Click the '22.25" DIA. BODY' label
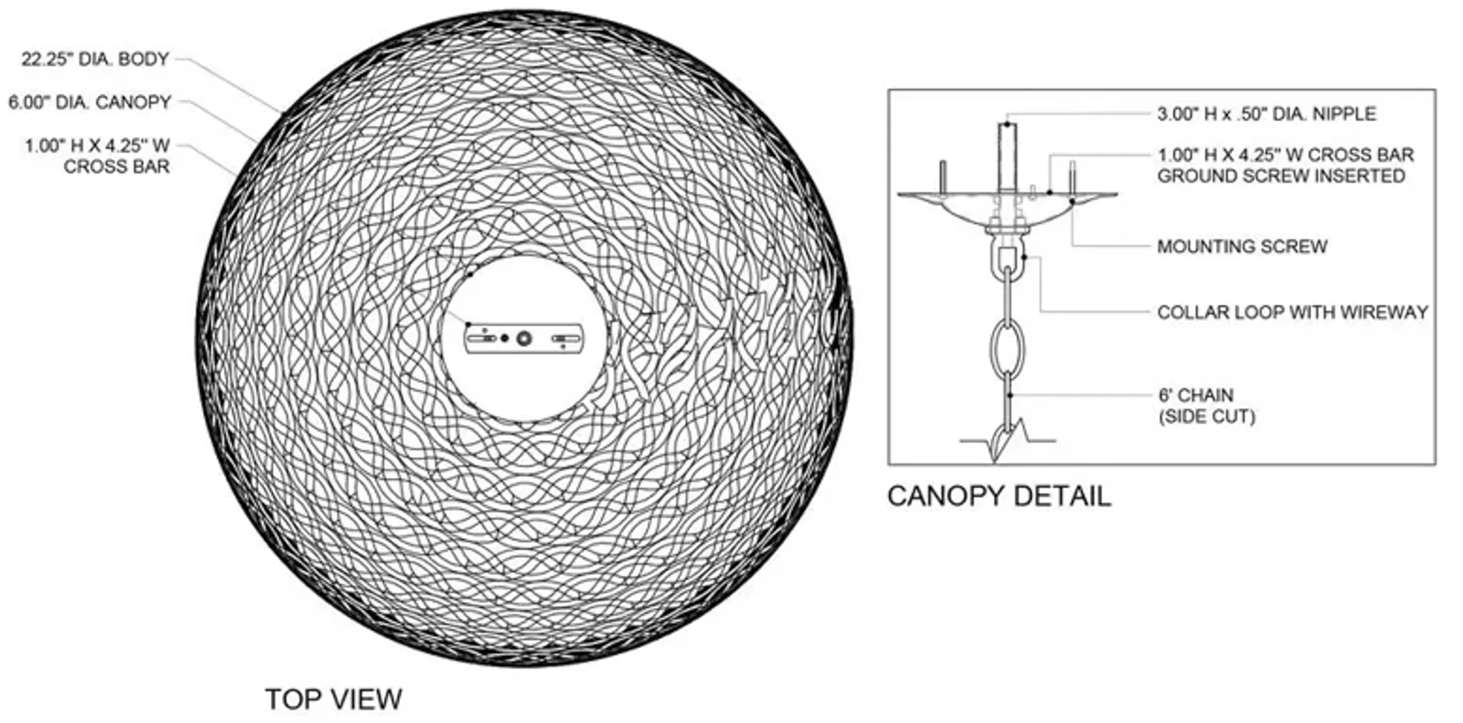(x=95, y=59)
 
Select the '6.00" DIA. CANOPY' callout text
(x=90, y=103)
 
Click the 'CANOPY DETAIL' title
(x=999, y=496)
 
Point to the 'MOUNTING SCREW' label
(x=1242, y=246)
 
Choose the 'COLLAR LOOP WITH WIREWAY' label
(x=1293, y=312)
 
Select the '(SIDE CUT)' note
(x=1207, y=417)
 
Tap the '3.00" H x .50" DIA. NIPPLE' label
(x=1266, y=114)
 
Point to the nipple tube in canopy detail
(x=1007, y=157)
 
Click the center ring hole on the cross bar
(x=523, y=339)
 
